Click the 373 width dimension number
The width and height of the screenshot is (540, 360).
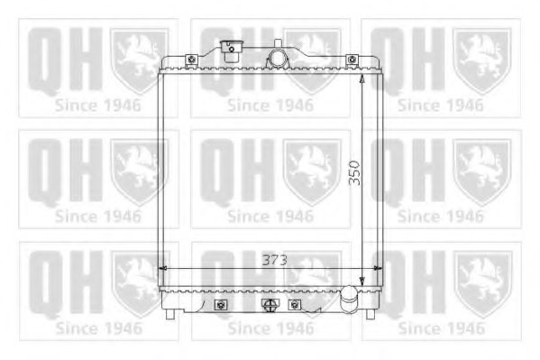point(274,260)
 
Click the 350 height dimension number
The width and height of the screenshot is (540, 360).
point(354,173)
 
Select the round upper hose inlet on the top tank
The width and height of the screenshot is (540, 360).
point(278,59)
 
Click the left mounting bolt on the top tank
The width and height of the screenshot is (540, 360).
point(191,60)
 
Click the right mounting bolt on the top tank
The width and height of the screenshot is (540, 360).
point(352,60)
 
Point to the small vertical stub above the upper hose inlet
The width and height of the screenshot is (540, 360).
point(279,44)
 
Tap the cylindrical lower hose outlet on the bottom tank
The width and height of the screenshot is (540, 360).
point(349,299)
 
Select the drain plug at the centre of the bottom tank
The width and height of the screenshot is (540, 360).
point(270,304)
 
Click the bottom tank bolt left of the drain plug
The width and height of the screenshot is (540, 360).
point(221,305)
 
